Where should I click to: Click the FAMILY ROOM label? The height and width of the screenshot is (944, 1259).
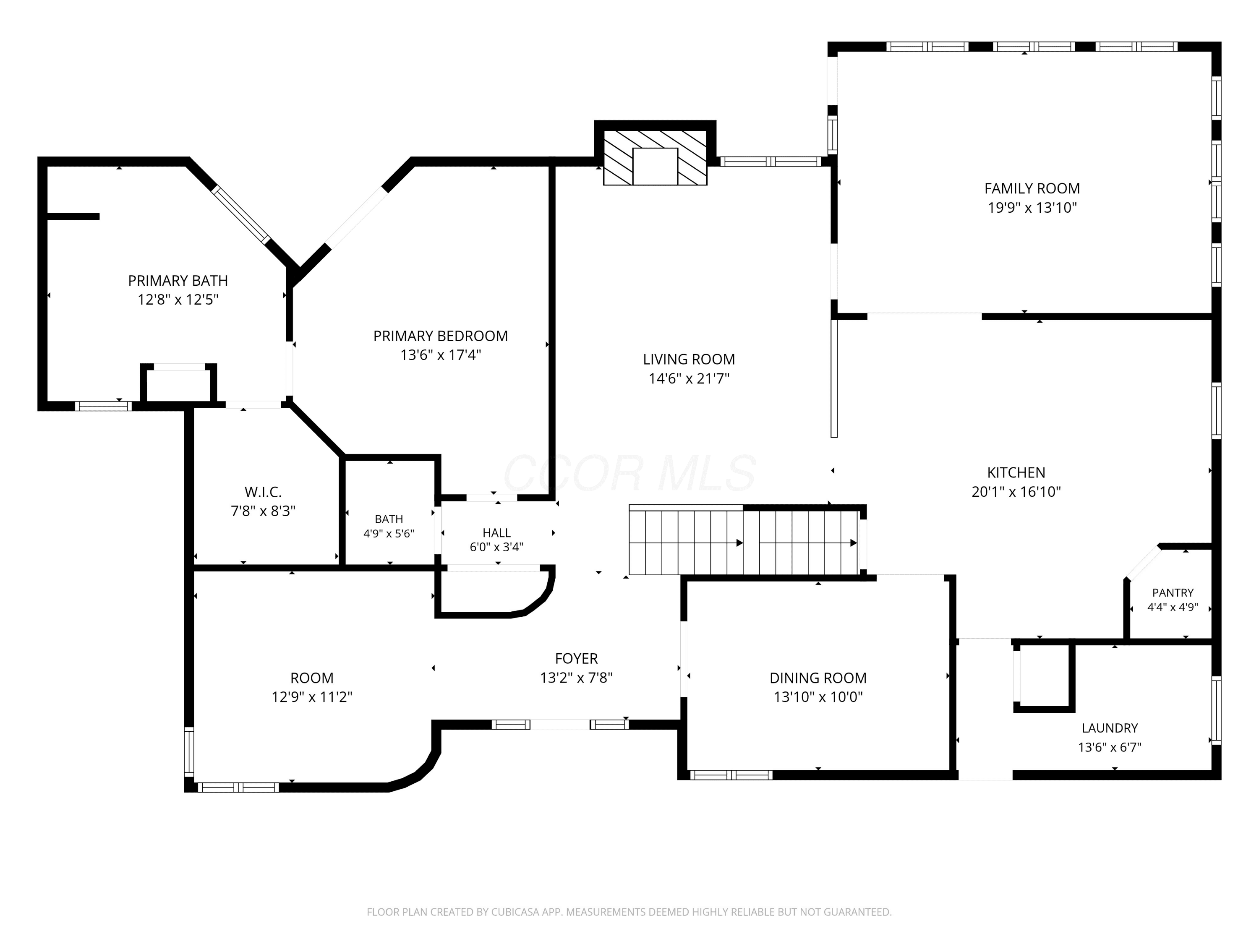point(1032,188)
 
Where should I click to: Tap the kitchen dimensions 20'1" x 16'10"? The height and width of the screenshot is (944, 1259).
point(1016,492)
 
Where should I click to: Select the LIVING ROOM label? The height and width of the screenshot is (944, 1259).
point(689,360)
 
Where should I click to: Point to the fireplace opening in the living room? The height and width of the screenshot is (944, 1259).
point(655,166)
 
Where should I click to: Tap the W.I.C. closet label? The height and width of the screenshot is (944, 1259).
point(263,492)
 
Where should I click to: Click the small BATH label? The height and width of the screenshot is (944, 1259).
point(389,519)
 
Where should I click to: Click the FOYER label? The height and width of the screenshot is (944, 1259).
point(577,659)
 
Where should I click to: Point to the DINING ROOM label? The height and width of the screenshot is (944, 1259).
point(818,678)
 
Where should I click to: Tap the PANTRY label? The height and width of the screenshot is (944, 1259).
point(1173,593)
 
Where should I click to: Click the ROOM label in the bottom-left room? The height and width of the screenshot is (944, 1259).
point(312,678)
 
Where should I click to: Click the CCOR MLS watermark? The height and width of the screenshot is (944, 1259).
point(629,473)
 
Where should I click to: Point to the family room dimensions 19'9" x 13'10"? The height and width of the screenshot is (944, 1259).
point(1032,208)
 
